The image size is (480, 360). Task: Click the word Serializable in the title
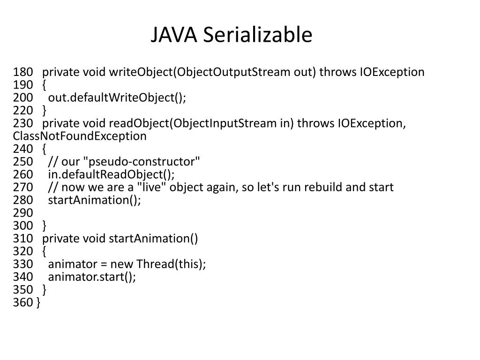point(257,36)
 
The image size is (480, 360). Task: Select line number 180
point(23,72)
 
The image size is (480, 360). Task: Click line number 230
point(23,123)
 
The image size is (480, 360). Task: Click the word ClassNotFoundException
point(80,136)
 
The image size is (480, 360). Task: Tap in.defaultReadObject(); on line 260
point(111,174)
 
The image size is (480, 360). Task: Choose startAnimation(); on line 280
point(94,200)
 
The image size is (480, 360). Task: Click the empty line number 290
point(23,213)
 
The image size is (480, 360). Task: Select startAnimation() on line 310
point(153,239)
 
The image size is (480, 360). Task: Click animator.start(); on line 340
point(92,277)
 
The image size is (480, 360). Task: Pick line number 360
point(23,302)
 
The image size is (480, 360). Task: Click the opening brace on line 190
point(44,85)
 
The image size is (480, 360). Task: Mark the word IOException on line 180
point(392,72)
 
